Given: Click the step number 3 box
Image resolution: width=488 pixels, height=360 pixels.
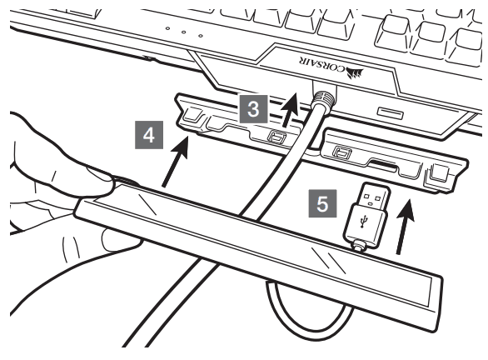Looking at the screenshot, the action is click(x=254, y=109).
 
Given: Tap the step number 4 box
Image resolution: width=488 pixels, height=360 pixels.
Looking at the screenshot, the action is click(x=149, y=135).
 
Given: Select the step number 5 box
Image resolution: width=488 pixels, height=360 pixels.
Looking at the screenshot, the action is click(x=322, y=203).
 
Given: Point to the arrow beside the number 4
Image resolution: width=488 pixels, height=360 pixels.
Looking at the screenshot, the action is click(x=175, y=162).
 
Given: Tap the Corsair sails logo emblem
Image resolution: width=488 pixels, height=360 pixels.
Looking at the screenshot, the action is click(x=355, y=74).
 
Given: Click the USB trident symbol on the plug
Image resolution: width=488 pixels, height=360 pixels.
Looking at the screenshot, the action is click(x=362, y=221).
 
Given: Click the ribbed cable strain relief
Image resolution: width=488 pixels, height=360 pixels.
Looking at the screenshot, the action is click(x=323, y=100).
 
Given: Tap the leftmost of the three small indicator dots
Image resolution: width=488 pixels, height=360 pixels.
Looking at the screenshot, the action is click(x=167, y=28).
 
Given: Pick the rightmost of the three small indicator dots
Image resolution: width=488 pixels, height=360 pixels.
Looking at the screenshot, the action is click(x=201, y=36).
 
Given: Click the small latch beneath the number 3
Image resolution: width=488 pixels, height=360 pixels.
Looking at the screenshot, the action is click(x=276, y=137).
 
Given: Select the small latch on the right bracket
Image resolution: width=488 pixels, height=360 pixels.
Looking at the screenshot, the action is click(x=342, y=153).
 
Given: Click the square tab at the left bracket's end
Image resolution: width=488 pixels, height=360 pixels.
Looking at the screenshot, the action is click(x=192, y=115).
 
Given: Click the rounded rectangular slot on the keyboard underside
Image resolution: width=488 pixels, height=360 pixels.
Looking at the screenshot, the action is click(x=391, y=113).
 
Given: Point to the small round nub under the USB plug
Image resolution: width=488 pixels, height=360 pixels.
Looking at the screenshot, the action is click(x=359, y=244).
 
